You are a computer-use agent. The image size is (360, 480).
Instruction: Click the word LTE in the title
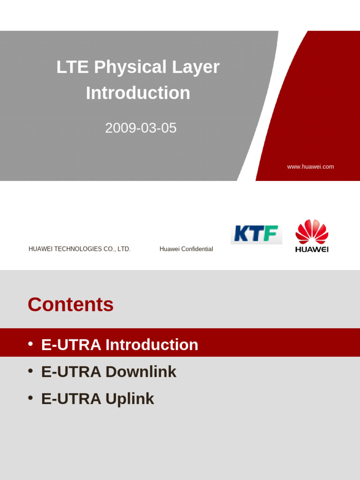[x=73, y=67]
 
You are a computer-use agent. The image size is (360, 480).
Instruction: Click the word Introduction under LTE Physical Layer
[x=138, y=93]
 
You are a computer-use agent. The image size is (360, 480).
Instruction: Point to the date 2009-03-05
[x=141, y=128]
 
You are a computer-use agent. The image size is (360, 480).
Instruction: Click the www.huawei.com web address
[x=310, y=167]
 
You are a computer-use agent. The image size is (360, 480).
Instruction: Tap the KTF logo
[x=256, y=233]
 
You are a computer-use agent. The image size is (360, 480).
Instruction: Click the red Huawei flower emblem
[x=312, y=232]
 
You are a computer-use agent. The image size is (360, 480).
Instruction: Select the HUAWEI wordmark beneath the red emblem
[x=312, y=249]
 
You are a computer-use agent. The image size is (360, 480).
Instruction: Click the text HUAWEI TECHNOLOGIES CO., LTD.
[x=79, y=249]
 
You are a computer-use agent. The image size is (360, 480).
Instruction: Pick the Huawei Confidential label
[x=186, y=249]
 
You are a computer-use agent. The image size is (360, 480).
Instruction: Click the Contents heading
[x=70, y=305]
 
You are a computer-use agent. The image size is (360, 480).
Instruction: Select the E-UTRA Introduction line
[x=120, y=345]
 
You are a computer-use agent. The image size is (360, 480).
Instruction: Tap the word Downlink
[x=141, y=372]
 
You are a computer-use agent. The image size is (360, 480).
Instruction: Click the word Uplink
[x=130, y=399]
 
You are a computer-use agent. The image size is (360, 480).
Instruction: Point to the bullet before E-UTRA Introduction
[x=30, y=344]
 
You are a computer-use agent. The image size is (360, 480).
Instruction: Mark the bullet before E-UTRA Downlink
[x=30, y=371]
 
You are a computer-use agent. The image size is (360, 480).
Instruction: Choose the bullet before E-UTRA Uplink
[x=30, y=398]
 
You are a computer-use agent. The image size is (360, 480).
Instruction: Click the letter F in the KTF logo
[x=270, y=233]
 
